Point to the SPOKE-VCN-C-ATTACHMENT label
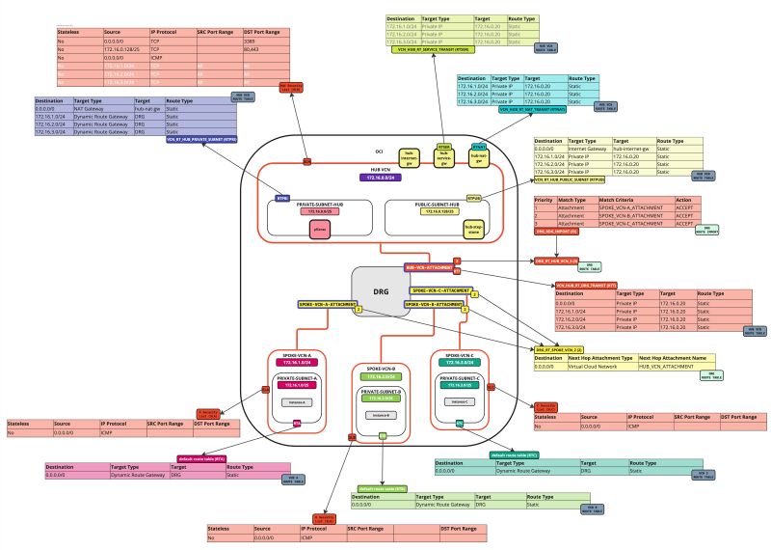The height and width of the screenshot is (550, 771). point(439,289)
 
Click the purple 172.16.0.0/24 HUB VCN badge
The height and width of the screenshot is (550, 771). point(382,178)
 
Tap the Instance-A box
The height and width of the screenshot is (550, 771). point(293,401)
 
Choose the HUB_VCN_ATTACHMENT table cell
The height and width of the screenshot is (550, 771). point(665,366)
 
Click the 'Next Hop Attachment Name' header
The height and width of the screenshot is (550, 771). point(682,357)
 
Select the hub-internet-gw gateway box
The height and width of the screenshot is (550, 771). point(411,156)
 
